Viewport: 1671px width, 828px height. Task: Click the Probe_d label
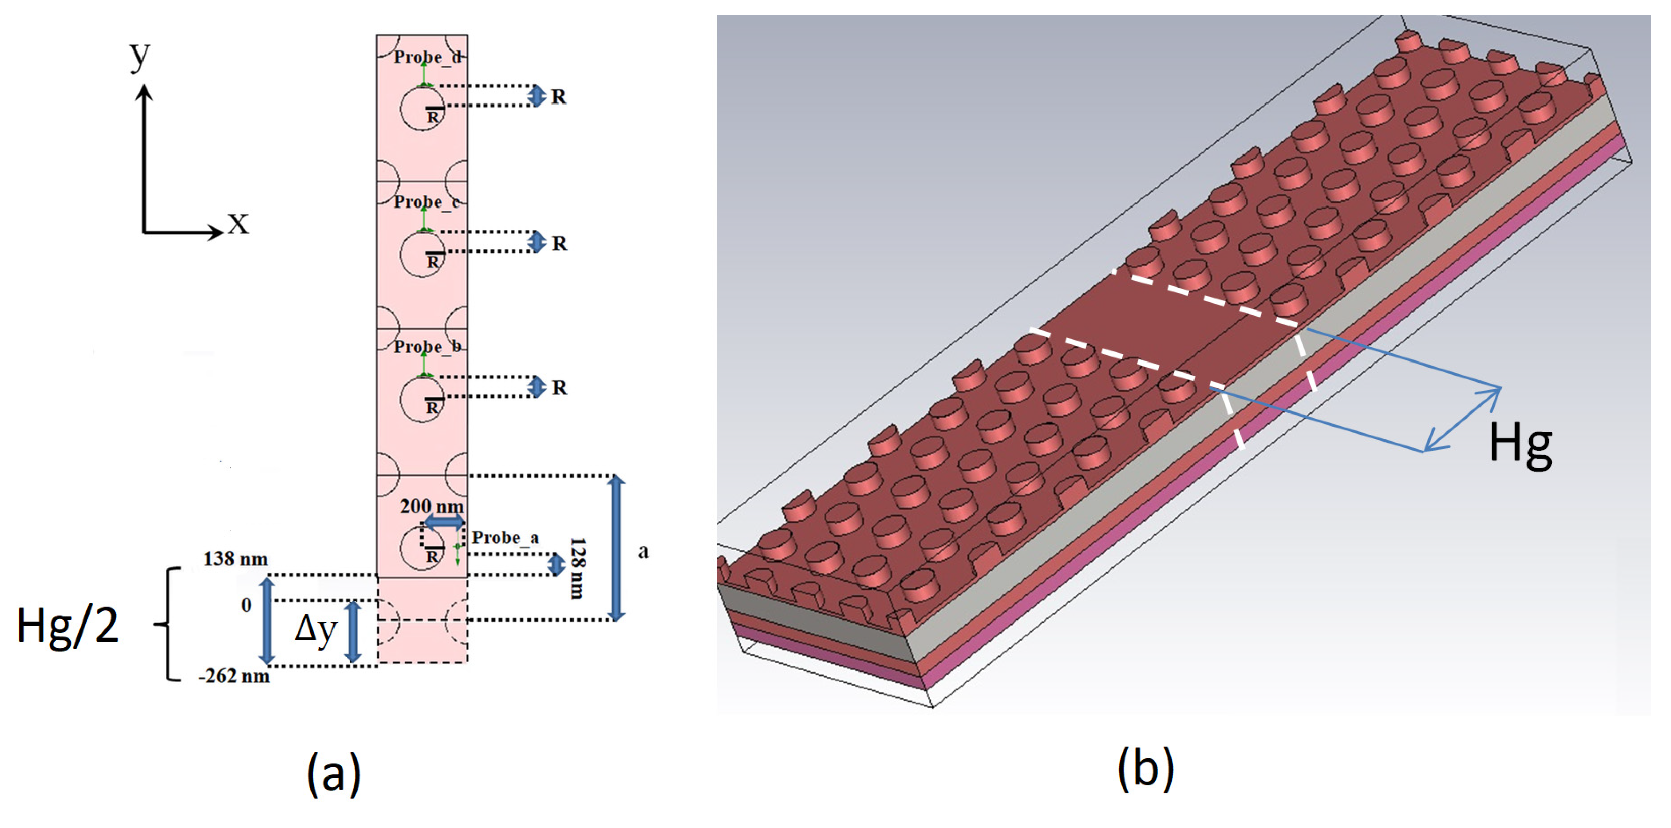[x=427, y=57]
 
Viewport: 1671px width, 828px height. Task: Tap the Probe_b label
[x=427, y=347]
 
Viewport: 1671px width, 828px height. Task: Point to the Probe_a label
[x=505, y=538]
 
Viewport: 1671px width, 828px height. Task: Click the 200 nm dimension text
[x=432, y=506]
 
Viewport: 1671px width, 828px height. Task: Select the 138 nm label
[x=235, y=559]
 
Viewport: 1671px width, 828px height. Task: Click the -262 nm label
[x=233, y=676]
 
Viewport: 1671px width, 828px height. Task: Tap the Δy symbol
[x=316, y=629]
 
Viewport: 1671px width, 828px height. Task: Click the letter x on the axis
[x=238, y=224]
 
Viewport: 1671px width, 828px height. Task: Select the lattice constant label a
[x=643, y=551]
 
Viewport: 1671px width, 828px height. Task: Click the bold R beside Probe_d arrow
[x=558, y=97]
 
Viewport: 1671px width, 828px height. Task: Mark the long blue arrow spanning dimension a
[x=617, y=548]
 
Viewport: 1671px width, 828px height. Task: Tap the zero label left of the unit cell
[x=246, y=605]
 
